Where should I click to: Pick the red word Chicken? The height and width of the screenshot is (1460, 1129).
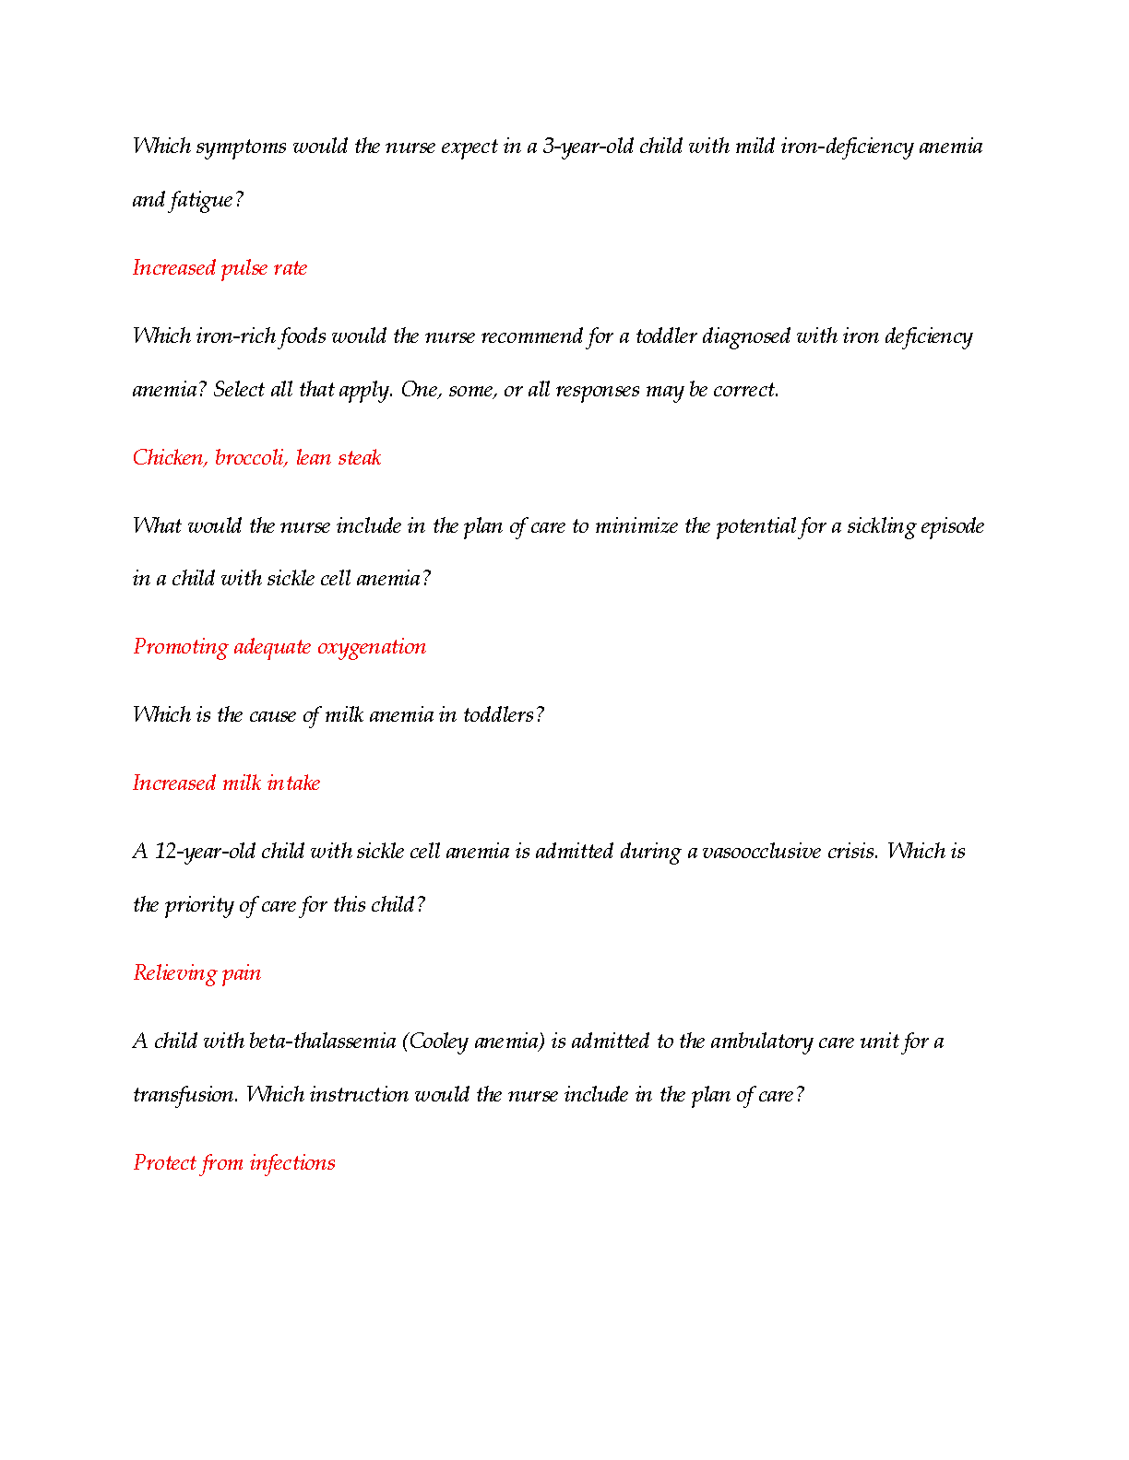pyautogui.click(x=171, y=458)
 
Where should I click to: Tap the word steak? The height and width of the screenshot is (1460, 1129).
pyautogui.click(x=359, y=458)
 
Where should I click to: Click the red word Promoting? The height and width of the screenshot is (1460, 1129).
pyautogui.click(x=180, y=647)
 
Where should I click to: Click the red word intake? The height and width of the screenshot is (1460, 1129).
pyautogui.click(x=293, y=783)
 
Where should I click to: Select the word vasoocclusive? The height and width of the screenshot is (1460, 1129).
pyautogui.click(x=761, y=852)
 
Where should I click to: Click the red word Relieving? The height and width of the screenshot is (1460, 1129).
pyautogui.click(x=173, y=973)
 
